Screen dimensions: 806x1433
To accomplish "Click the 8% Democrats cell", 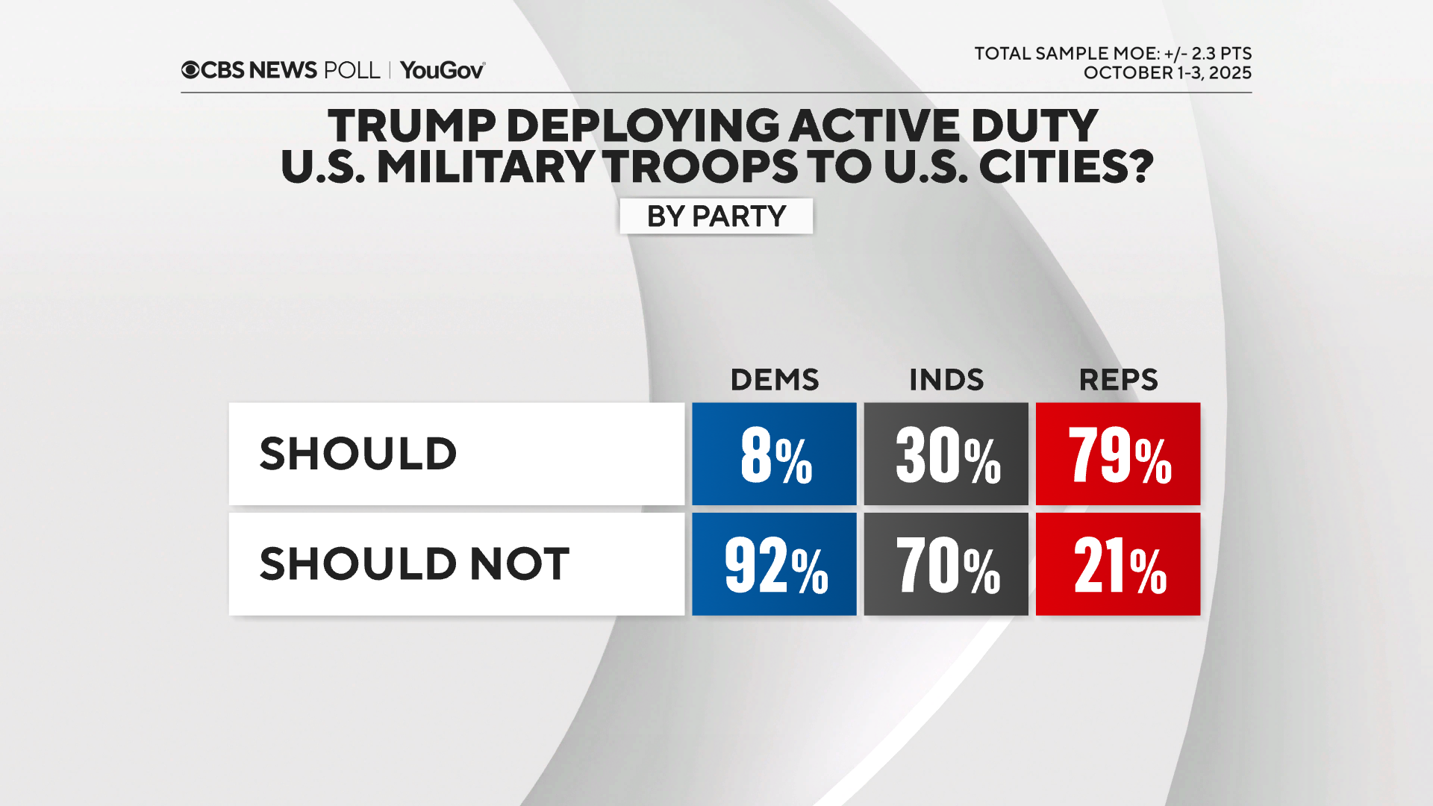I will pyautogui.click(x=774, y=454).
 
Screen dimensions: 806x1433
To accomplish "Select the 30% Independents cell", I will pyautogui.click(x=946, y=454).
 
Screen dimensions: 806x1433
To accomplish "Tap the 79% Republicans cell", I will pyautogui.click(x=1117, y=454).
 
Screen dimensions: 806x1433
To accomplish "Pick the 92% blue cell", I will pyautogui.click(x=774, y=564).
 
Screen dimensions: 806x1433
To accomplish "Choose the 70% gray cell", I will pyautogui.click(x=946, y=564).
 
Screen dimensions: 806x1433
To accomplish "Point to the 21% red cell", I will pyautogui.click(x=1117, y=564).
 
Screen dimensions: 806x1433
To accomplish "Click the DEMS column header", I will pyautogui.click(x=774, y=380).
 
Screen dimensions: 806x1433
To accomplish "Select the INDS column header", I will pyautogui.click(x=946, y=380).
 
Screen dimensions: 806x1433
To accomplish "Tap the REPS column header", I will pyautogui.click(x=1118, y=380).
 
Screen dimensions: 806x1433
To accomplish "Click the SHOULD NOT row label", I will pyautogui.click(x=414, y=563).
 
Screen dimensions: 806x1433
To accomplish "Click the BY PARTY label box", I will pyautogui.click(x=716, y=216).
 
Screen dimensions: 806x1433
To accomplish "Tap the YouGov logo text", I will pyautogui.click(x=442, y=70).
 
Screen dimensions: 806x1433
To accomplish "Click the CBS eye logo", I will pyautogui.click(x=190, y=70).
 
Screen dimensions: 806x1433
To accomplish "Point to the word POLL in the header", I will pyautogui.click(x=352, y=70).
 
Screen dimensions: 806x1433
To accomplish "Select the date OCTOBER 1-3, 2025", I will pyautogui.click(x=1167, y=73).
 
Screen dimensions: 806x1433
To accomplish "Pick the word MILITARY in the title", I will pyautogui.click(x=485, y=166).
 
